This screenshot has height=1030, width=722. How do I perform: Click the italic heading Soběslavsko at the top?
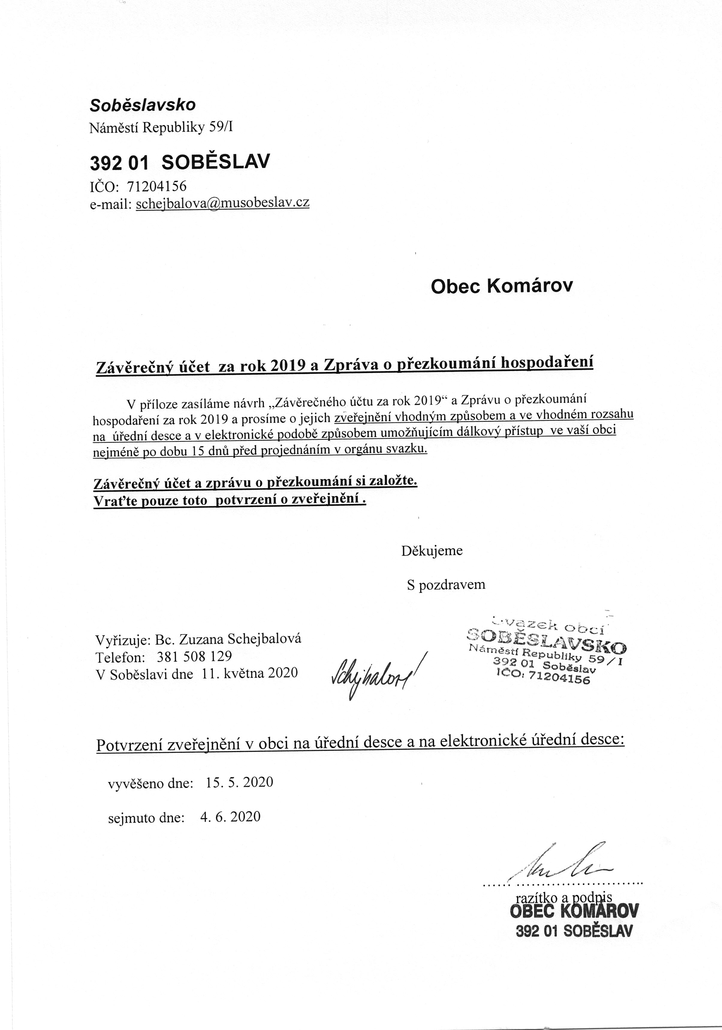(143, 105)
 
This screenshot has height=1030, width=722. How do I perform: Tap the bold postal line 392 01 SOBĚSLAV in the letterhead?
(180, 162)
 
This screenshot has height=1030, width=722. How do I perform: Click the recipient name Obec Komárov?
(502, 286)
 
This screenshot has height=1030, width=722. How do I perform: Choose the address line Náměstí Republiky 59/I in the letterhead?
(161, 128)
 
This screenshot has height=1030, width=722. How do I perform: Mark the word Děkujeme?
(432, 551)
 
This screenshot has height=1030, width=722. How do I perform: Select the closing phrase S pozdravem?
(446, 585)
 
